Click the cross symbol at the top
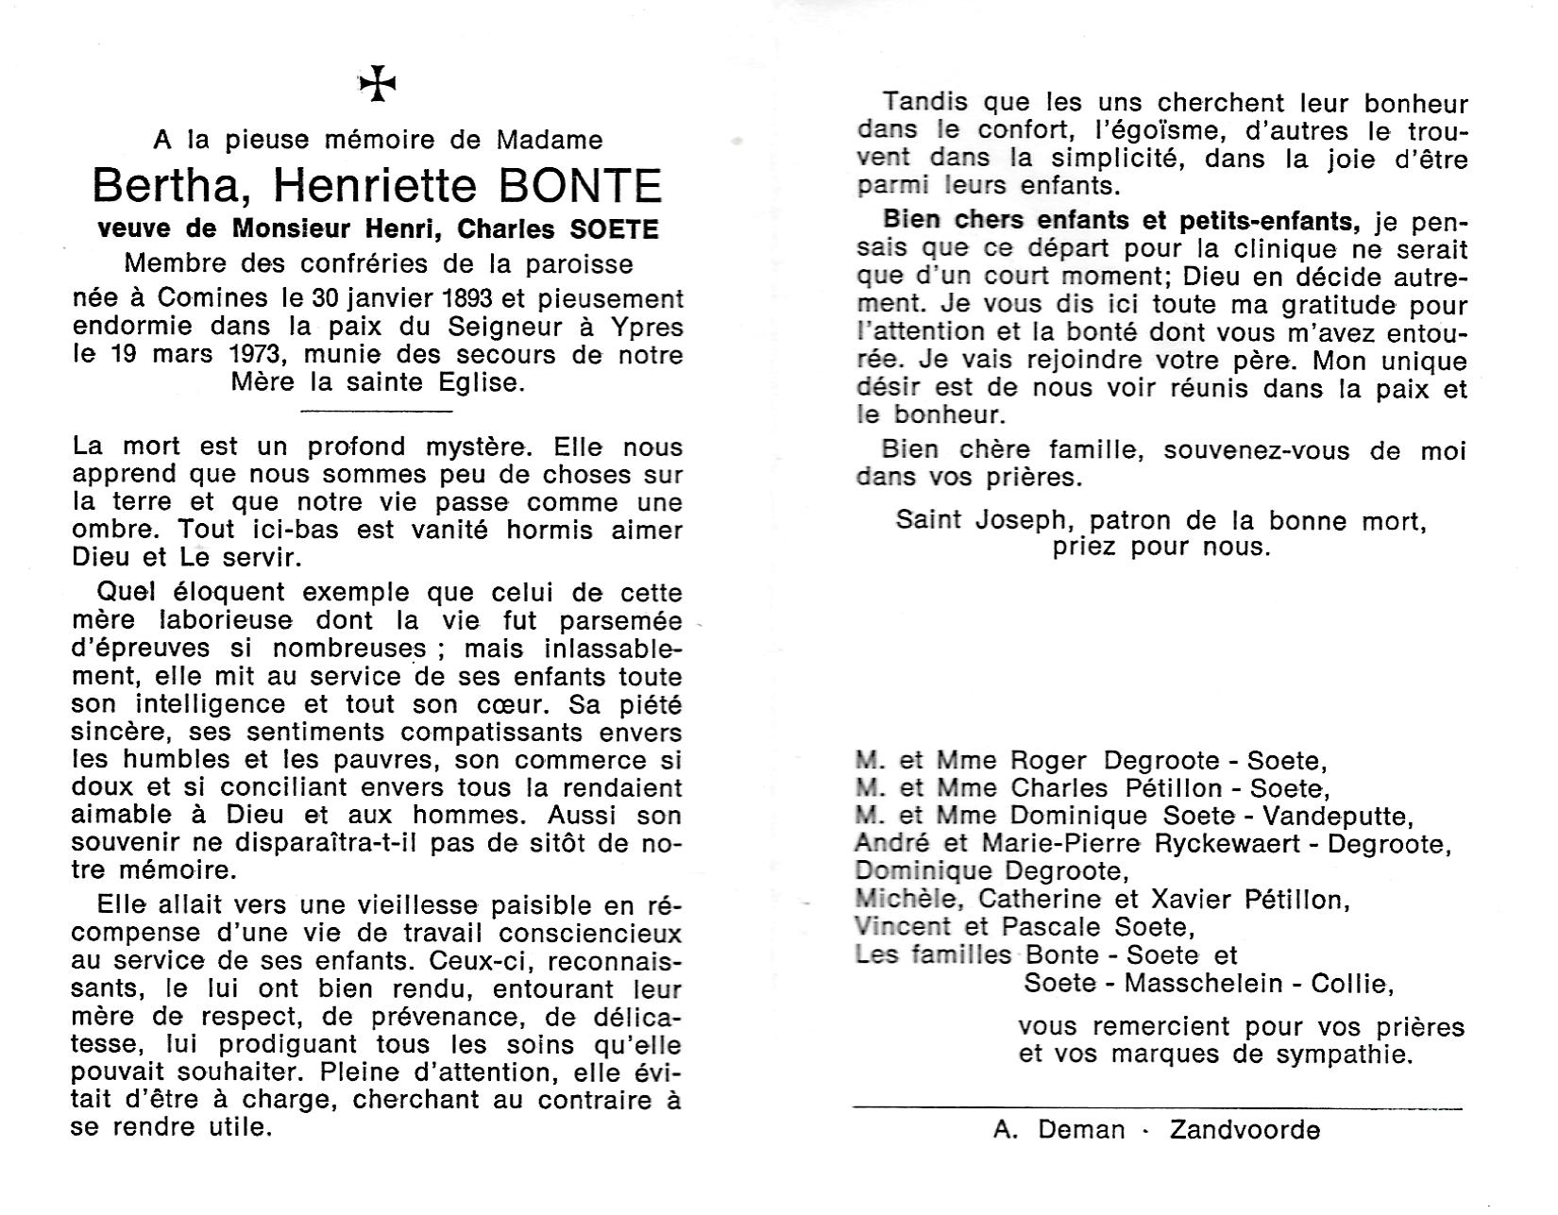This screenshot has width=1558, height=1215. pyautogui.click(x=378, y=86)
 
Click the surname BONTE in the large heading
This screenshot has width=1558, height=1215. pyautogui.click(x=580, y=186)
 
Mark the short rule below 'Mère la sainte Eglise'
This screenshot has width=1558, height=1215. pyautogui.click(x=377, y=411)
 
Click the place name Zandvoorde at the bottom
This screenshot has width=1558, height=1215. pyautogui.click(x=1245, y=1130)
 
